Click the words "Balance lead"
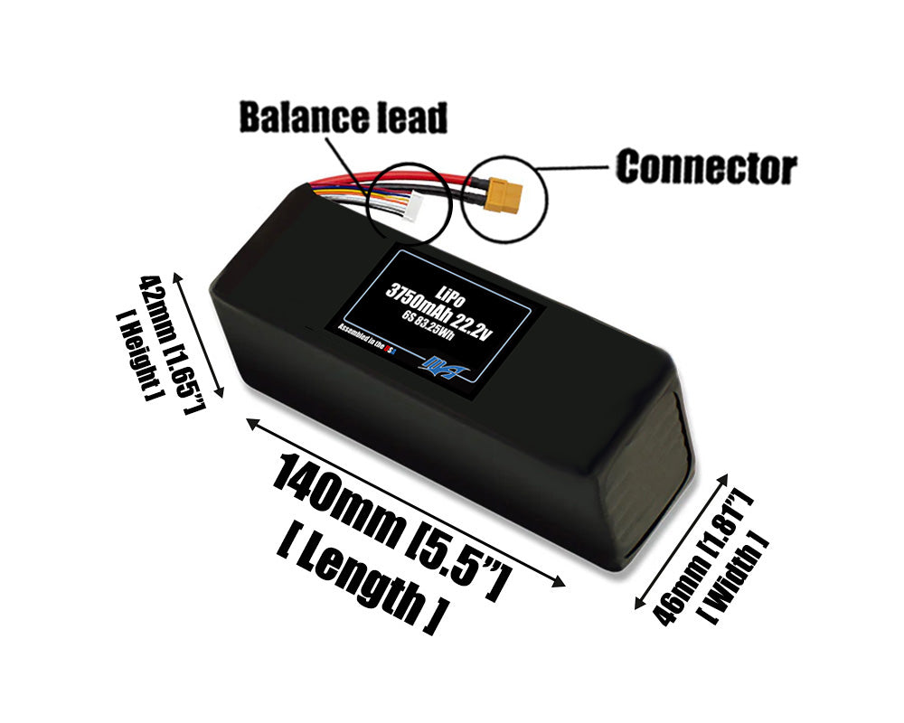point(343,117)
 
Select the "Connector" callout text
point(705,167)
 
